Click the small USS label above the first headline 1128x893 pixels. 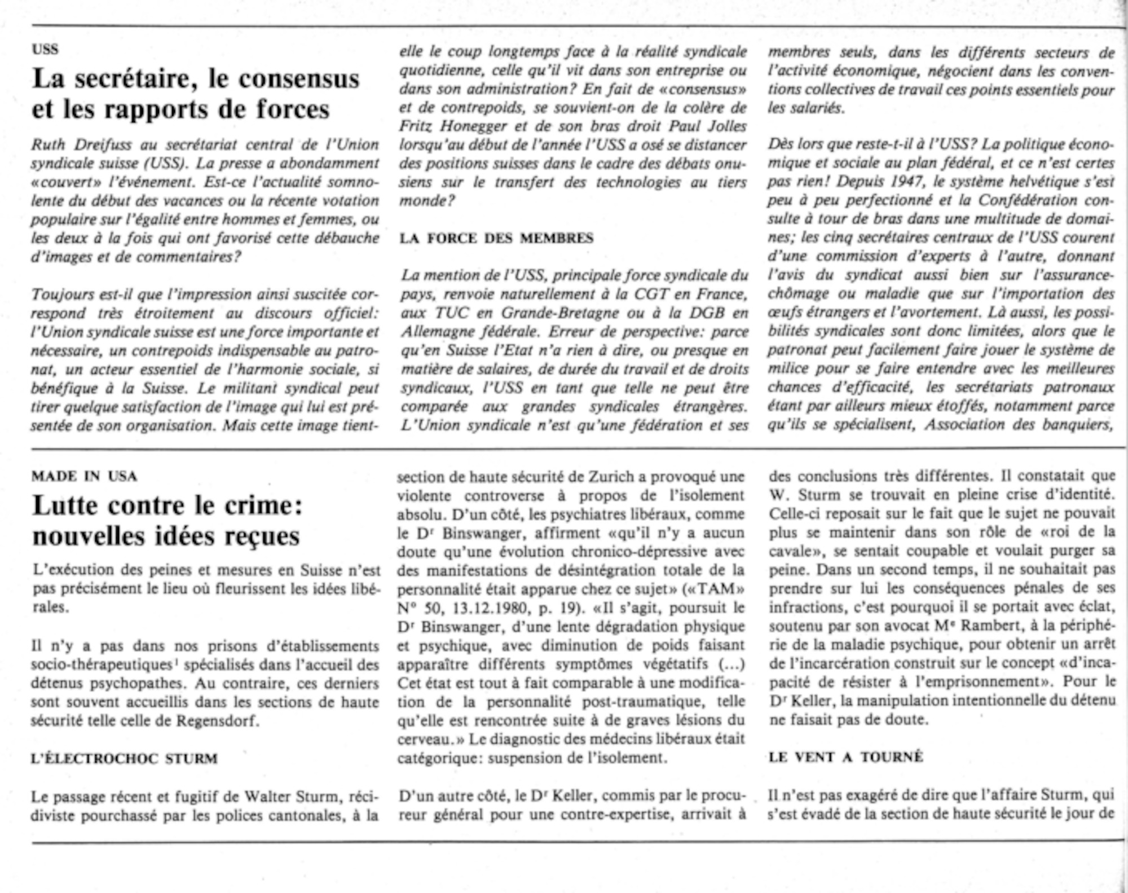pyautogui.click(x=45, y=50)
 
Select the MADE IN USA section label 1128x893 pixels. pyautogui.click(x=85, y=477)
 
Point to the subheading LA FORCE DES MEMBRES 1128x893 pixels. pyautogui.click(x=496, y=238)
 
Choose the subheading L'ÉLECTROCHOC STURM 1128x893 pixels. pyautogui.click(x=125, y=759)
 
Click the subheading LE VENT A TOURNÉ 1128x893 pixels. pyautogui.click(x=846, y=757)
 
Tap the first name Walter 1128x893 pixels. pyautogui.click(x=268, y=797)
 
